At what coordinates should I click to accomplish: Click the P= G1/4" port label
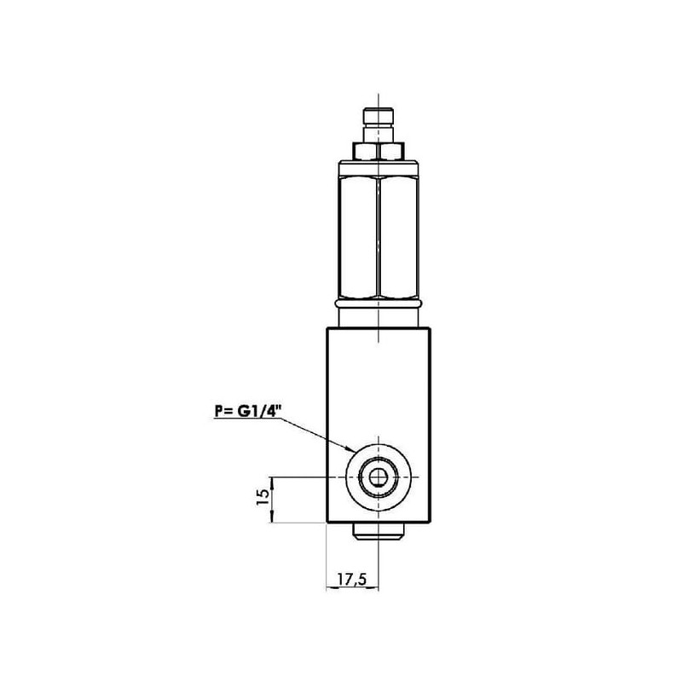(x=247, y=411)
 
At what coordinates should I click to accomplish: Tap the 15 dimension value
(x=263, y=497)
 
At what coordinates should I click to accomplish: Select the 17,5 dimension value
(x=352, y=579)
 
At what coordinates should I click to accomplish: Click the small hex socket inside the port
(x=377, y=477)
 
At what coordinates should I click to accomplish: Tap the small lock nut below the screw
(x=378, y=152)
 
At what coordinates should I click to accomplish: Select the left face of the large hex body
(x=358, y=236)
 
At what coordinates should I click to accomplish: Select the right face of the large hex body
(x=398, y=236)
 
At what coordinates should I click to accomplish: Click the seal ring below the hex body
(x=378, y=302)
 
